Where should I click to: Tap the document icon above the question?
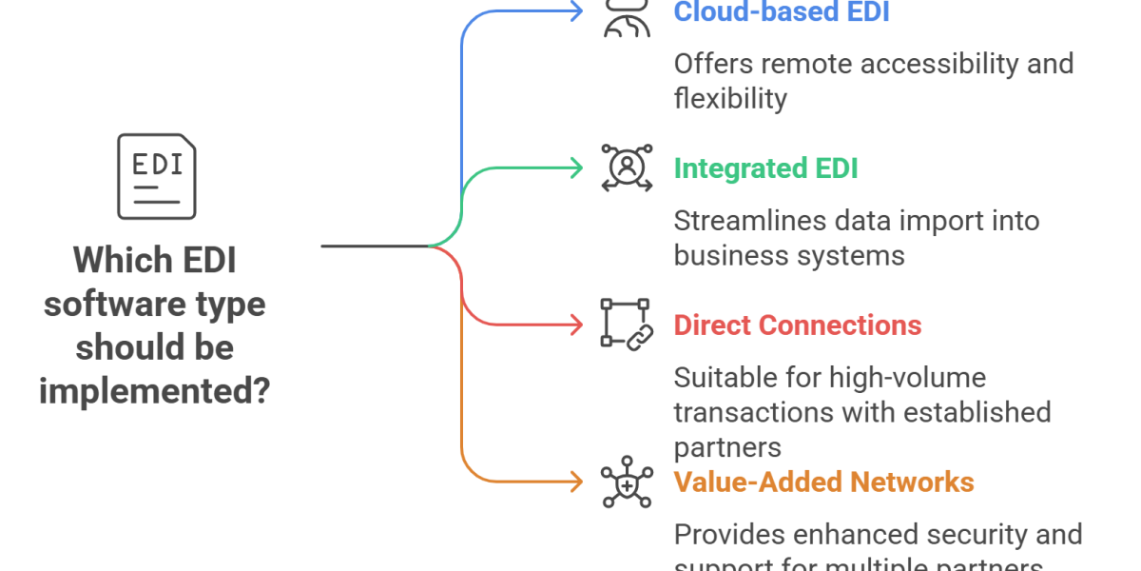159,176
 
